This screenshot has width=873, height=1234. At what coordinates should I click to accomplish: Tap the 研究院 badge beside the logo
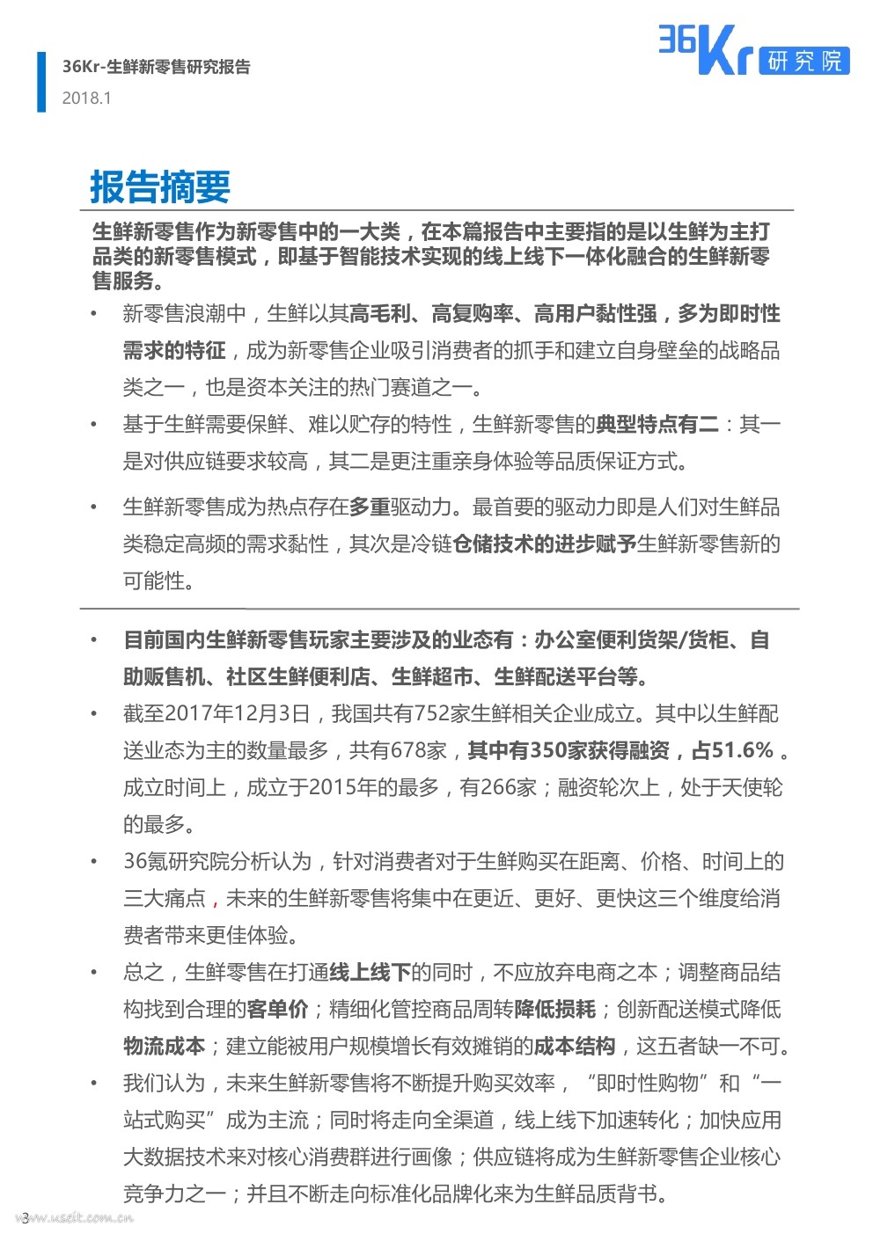click(804, 60)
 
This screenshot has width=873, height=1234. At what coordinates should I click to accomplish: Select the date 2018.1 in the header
click(86, 99)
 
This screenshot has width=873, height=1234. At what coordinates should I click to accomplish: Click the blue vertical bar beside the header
click(41, 82)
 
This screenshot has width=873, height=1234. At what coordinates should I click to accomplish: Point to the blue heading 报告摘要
click(160, 187)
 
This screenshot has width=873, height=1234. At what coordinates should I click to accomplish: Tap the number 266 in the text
click(497, 787)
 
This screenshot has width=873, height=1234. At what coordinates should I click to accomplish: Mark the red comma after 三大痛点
click(216, 899)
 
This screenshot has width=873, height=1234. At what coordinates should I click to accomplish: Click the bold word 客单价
click(277, 1009)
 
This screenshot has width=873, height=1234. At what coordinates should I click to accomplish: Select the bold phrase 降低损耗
click(554, 1009)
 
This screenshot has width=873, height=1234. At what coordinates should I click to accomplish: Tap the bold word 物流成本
click(164, 1046)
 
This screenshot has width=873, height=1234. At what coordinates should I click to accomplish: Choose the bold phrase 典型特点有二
click(657, 425)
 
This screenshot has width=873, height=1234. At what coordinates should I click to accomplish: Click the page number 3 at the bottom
click(26, 1216)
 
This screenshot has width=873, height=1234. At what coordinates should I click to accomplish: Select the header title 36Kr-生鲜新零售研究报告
click(156, 67)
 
